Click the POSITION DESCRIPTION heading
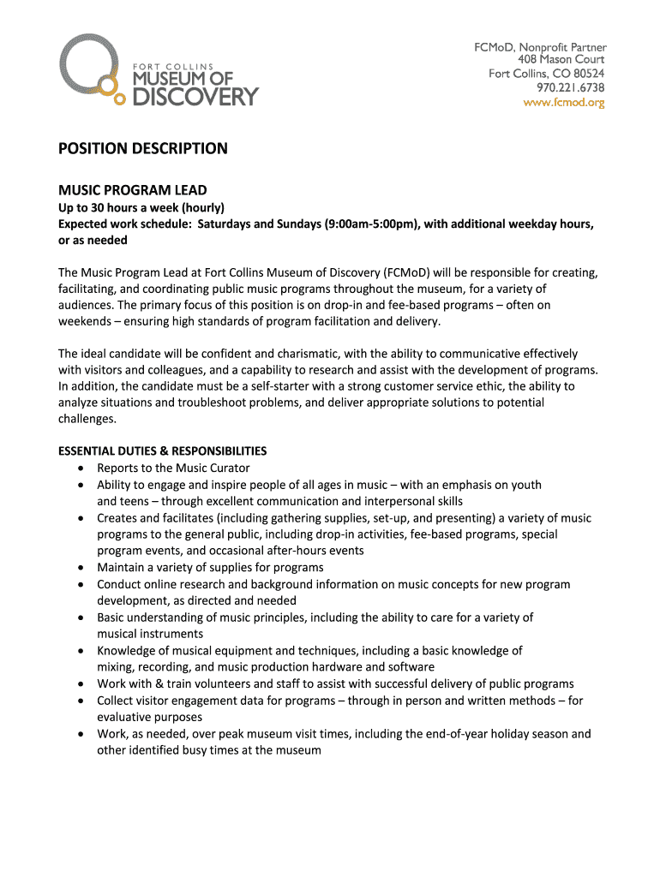pyautogui.click(x=142, y=148)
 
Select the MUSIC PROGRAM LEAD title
pyautogui.click(x=132, y=189)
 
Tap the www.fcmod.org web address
pyautogui.click(x=565, y=103)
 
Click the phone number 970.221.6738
pyautogui.click(x=571, y=88)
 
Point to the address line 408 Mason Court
pyautogui.click(x=561, y=60)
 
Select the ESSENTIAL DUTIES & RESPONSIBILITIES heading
pyautogui.click(x=162, y=450)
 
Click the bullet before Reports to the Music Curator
pyautogui.click(x=80, y=468)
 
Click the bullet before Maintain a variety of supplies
pyautogui.click(x=80, y=568)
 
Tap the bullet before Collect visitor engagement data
pyautogui.click(x=80, y=701)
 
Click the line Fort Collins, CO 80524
pyautogui.click(x=546, y=74)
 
